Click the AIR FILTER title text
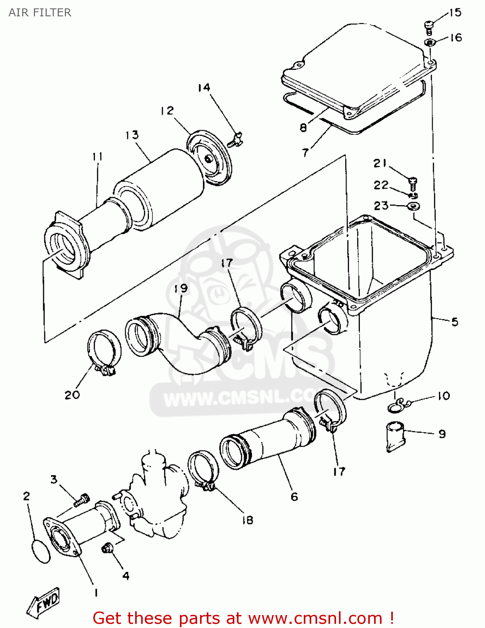coord(40,13)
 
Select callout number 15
coord(455,13)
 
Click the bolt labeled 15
coord(429,28)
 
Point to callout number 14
coord(204,88)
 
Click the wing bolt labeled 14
coord(236,139)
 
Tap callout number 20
coord(72,395)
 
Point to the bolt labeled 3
coord(82,500)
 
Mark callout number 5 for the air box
coord(454,322)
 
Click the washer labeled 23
coord(414,206)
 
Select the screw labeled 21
coord(413,182)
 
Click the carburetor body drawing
coord(157,498)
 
